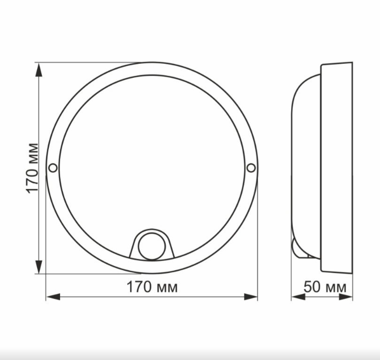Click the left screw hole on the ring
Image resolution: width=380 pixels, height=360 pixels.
pyautogui.click(x=53, y=168)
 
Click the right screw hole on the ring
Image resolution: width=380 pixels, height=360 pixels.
pyautogui.click(x=251, y=168)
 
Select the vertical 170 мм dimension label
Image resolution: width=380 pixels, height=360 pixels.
pyautogui.click(x=32, y=168)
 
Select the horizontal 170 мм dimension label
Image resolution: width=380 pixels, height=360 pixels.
pyautogui.click(x=152, y=287)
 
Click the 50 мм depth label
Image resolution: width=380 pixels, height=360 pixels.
pyautogui.click(x=325, y=286)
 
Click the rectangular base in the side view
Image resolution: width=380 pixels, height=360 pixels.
pyautogui.click(x=336, y=168)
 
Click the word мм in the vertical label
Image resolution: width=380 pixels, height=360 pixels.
pyautogui.click(x=32, y=151)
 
